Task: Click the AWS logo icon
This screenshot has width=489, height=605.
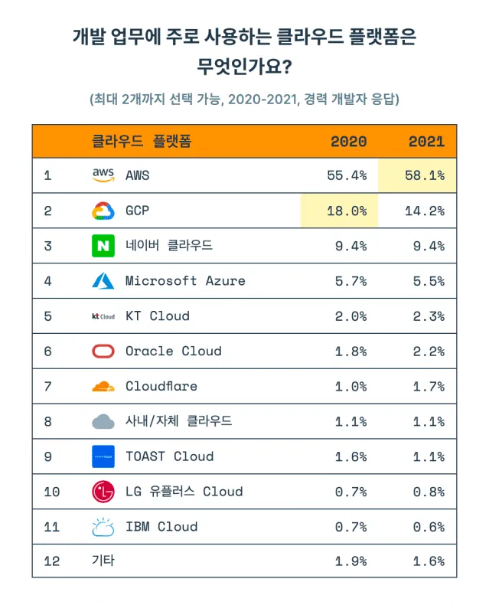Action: [103, 175]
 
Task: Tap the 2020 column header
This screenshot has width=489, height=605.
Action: [348, 142]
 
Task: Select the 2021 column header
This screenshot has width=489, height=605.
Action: [426, 142]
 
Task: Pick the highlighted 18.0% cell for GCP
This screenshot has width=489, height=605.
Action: [340, 211]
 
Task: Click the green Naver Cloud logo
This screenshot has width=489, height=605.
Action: [103, 246]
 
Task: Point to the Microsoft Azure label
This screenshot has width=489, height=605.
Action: [185, 281]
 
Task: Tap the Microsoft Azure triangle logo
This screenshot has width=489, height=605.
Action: [103, 281]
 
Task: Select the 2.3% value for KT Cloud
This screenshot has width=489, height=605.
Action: [426, 316]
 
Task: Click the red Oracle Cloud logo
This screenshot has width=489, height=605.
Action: [103, 352]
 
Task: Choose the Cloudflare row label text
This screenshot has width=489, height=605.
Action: [161, 387]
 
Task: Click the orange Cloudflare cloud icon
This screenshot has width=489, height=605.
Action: [103, 387]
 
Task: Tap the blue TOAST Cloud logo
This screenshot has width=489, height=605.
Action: [103, 456]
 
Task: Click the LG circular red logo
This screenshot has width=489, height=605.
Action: [103, 492]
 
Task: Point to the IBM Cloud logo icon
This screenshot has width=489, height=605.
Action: [103, 527]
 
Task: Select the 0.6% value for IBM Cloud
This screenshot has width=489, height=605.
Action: [426, 527]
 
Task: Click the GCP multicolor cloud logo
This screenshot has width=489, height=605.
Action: [103, 211]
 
